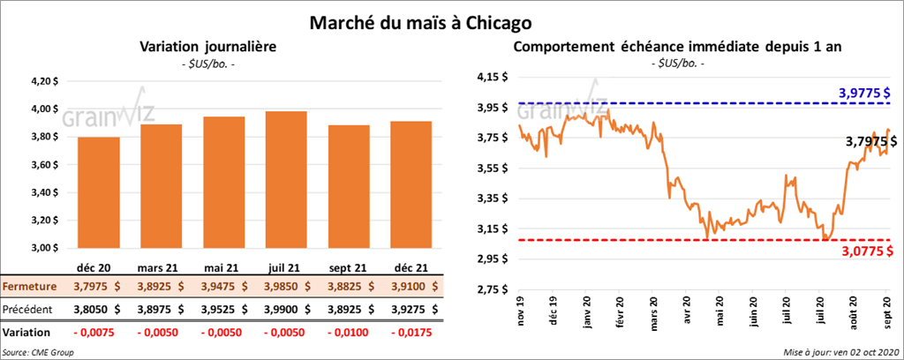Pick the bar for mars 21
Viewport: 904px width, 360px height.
[x=160, y=186]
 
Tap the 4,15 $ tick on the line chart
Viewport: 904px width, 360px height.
[x=490, y=77]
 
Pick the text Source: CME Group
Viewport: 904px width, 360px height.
[x=38, y=352]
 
